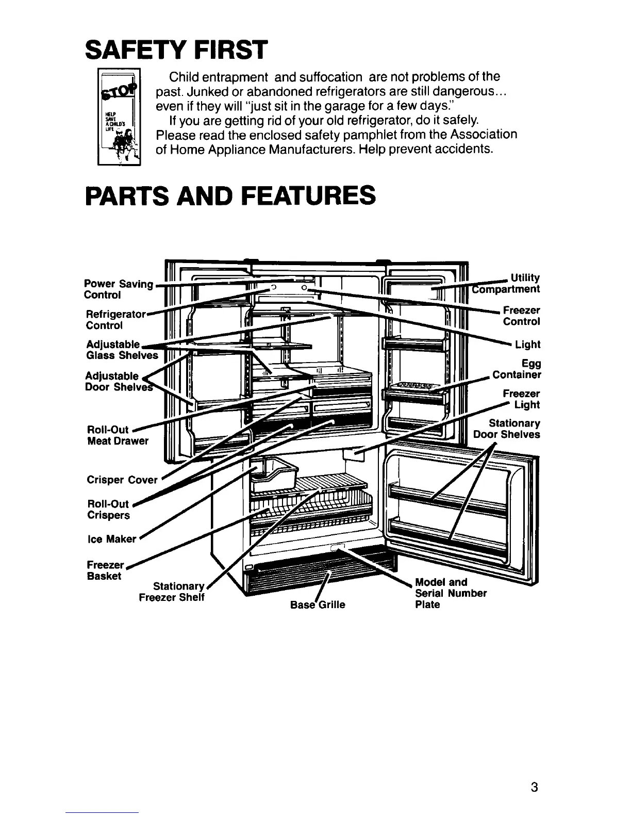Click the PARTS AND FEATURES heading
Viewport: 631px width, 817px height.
229,195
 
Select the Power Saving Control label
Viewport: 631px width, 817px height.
118,289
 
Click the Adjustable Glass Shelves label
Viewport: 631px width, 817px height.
122,350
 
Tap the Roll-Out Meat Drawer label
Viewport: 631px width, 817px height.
117,435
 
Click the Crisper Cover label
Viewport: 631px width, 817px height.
122,480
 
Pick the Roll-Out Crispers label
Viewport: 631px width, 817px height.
109,510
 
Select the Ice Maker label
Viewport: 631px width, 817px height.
111,539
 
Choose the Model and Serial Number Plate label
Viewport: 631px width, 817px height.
450,593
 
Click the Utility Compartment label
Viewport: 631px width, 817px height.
508,284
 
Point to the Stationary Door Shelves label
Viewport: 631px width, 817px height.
507,429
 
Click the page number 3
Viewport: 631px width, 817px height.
534,787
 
